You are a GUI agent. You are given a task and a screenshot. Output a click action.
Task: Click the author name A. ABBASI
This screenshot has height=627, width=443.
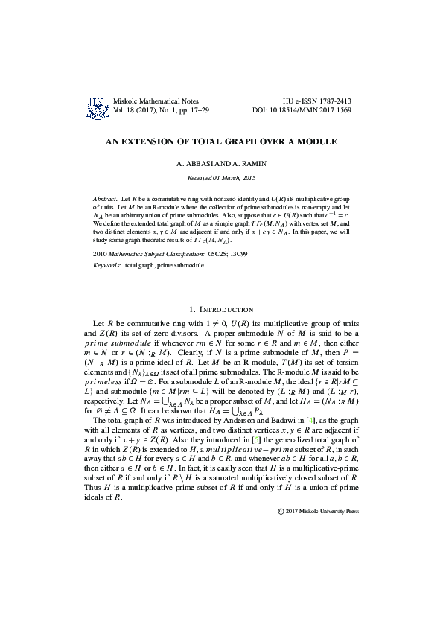tap(193, 163)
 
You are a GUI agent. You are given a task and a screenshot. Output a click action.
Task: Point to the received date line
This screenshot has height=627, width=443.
tap(221, 179)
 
